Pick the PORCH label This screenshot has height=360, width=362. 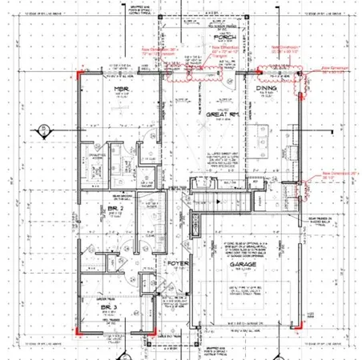[x=222, y=38]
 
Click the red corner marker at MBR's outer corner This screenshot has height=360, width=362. [x=78, y=73]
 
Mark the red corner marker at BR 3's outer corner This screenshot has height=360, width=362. [x=78, y=329]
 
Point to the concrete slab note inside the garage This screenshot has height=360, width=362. [x=240, y=241]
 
